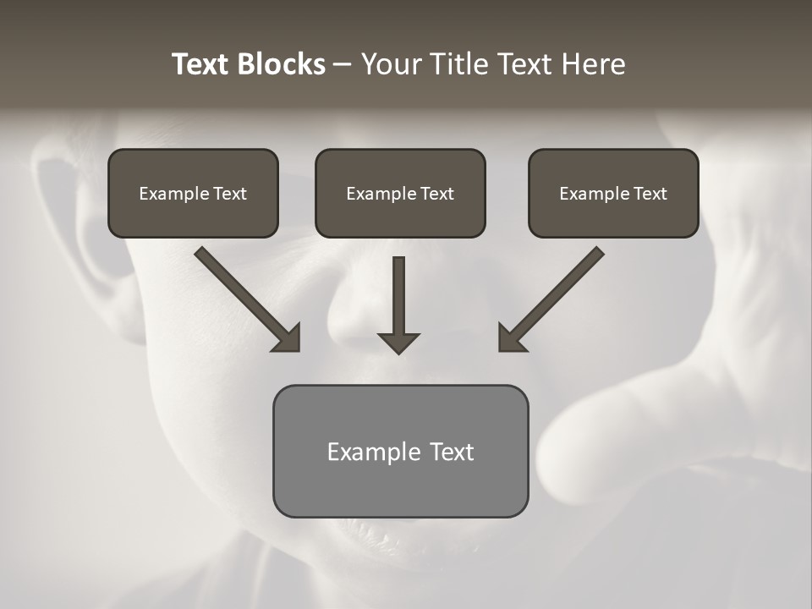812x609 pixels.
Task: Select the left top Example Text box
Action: (193, 194)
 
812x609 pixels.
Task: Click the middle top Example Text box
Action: (400, 194)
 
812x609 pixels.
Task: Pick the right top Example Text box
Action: (613, 194)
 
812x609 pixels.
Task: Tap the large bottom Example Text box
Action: (400, 451)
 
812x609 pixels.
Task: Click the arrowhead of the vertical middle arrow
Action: (398, 343)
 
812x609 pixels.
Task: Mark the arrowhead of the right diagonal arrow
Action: (510, 338)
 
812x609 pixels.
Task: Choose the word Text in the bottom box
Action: (451, 452)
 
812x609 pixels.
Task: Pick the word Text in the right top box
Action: (650, 194)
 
